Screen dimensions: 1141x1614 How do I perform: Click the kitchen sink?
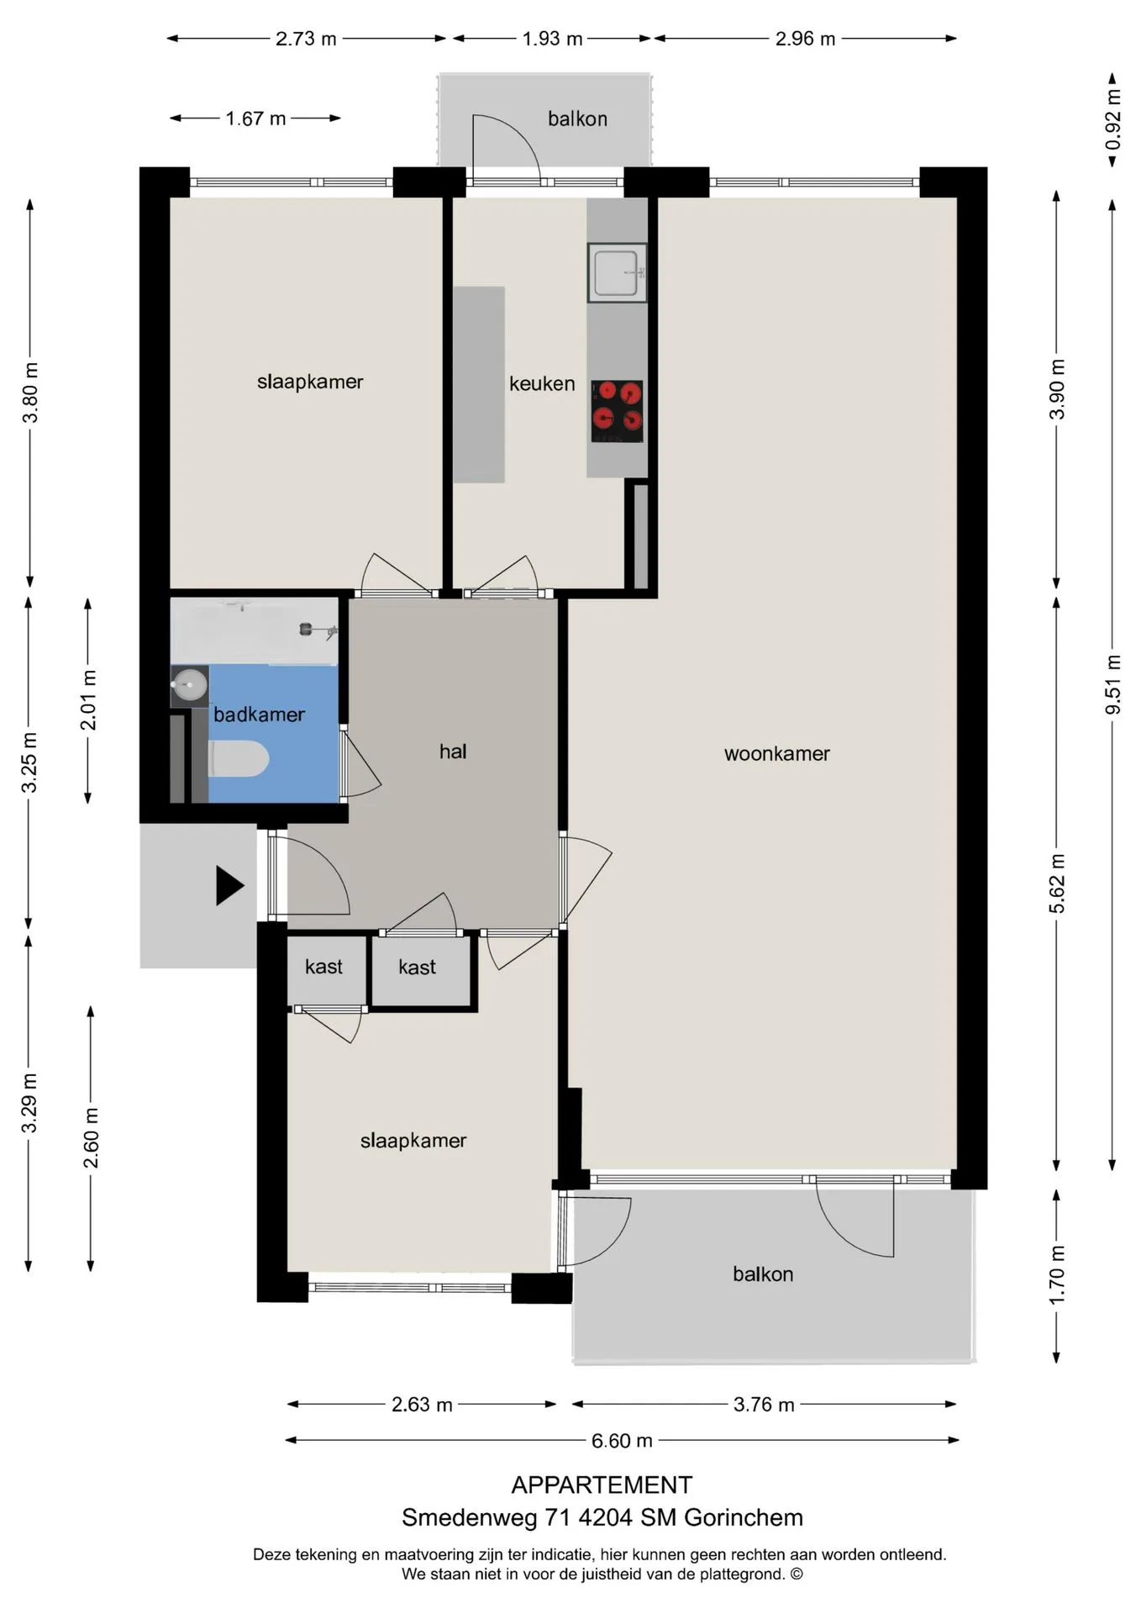tap(618, 272)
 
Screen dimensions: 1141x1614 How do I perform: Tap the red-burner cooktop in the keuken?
tap(618, 411)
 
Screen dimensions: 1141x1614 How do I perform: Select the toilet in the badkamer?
tap(239, 759)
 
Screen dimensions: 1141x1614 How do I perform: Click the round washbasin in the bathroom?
tap(190, 685)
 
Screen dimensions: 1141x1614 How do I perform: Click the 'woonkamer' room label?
tap(777, 754)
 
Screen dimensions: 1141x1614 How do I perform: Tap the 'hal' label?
tap(453, 752)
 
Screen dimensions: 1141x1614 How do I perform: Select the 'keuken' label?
tap(542, 383)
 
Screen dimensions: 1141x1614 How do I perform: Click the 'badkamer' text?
tap(259, 715)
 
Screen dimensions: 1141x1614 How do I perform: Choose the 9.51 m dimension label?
tap(1112, 684)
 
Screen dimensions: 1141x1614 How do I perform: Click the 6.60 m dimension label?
tap(622, 1441)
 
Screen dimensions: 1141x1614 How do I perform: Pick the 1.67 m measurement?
tap(255, 119)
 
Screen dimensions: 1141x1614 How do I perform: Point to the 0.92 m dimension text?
tap(1112, 119)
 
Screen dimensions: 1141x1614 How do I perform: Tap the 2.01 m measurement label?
tap(88, 700)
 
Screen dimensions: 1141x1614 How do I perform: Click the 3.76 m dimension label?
tap(764, 1405)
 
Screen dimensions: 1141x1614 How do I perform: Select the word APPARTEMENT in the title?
tap(602, 1485)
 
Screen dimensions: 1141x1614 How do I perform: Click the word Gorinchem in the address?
tap(744, 1517)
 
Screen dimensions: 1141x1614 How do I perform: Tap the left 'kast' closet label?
tap(323, 967)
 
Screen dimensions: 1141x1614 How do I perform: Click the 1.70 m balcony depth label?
tap(1057, 1275)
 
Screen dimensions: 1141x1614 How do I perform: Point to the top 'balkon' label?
tap(577, 119)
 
